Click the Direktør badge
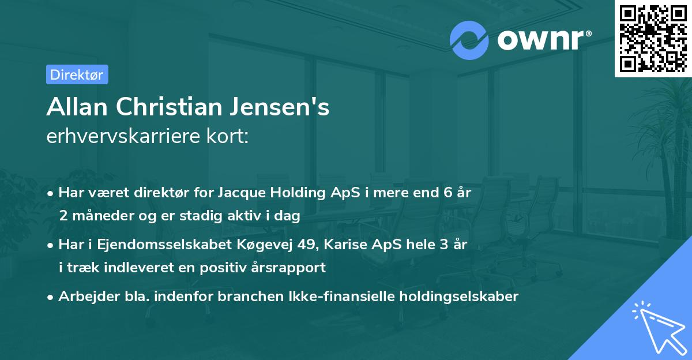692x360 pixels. [77, 74]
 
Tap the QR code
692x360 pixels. [653, 38]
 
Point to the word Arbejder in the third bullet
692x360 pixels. [84, 296]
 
